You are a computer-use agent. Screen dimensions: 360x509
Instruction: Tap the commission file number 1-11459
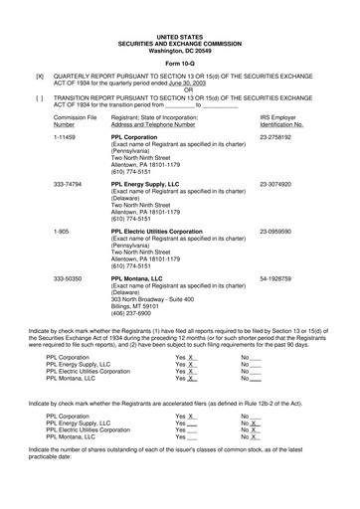tap(69, 137)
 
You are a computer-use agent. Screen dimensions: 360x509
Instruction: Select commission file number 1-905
tap(64, 231)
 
